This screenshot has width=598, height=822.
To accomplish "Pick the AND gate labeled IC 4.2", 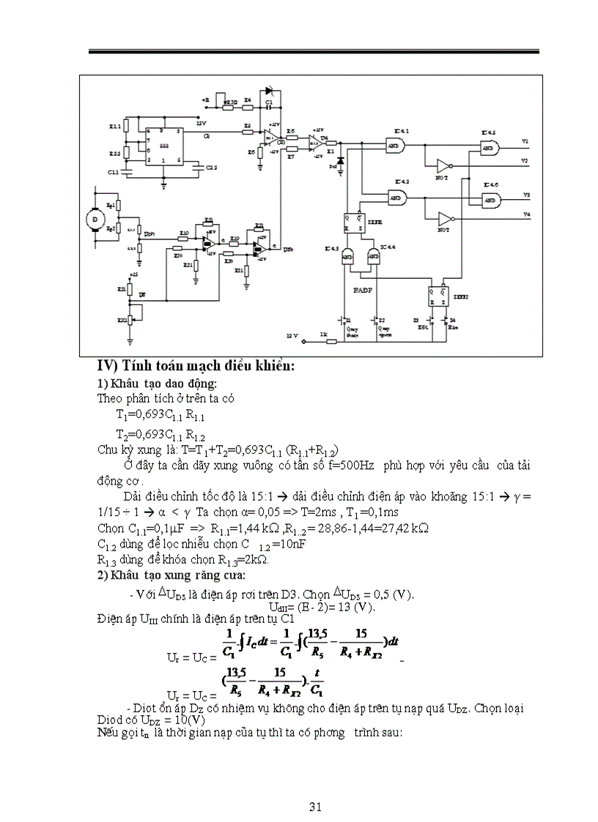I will pos(397,198).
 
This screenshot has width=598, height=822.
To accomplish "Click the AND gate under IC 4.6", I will pos(489,200).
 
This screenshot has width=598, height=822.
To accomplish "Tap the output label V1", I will pos(525,141).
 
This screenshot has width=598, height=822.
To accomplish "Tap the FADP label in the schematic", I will pos(363,291).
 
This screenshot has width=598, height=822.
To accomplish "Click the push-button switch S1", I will pos(342,321).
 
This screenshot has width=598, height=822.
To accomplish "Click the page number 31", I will pos(316,807).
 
